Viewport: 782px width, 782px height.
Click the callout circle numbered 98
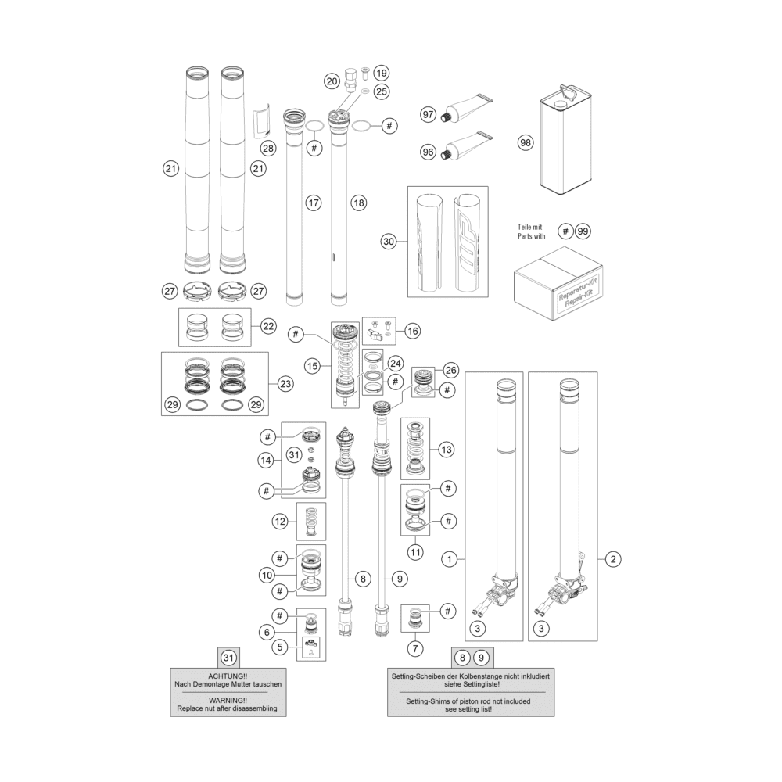526,142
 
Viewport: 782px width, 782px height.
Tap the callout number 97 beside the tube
429,115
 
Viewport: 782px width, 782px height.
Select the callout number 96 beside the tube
429,152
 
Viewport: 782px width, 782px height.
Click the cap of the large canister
561,104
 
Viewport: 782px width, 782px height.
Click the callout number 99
583,231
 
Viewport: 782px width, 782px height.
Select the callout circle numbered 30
389,242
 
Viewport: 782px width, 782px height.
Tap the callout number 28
268,148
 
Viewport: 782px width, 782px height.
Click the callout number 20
332,81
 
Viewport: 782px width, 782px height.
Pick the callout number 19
382,74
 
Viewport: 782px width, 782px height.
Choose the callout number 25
382,91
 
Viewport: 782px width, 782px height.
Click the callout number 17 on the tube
314,203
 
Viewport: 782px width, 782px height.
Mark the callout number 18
359,203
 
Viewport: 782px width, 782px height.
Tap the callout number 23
285,384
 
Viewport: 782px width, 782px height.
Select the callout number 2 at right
613,559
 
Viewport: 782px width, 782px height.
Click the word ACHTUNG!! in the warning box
228,676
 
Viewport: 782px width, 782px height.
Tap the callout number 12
280,522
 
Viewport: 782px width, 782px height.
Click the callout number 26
451,370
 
